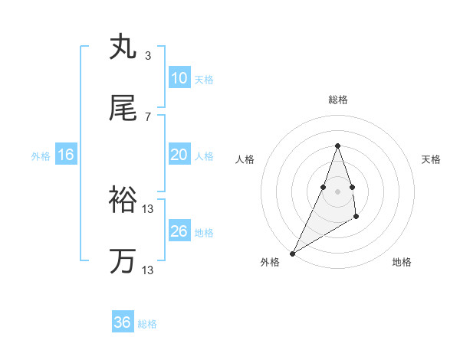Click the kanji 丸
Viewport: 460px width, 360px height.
tap(123, 47)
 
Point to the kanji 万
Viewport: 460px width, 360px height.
tap(123, 261)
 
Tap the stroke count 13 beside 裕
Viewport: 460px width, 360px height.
tap(149, 208)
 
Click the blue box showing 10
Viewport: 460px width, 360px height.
tap(179, 77)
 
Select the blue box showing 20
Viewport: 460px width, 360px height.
tap(179, 155)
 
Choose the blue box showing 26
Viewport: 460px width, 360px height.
tap(179, 231)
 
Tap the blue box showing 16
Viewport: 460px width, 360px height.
tap(66, 155)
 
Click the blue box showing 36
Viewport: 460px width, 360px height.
tap(123, 322)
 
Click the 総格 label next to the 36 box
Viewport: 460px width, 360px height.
tap(147, 324)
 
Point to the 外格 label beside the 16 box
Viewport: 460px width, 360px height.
tap(41, 156)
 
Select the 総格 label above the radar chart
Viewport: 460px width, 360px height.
tap(337, 100)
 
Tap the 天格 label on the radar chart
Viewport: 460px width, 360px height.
tap(431, 159)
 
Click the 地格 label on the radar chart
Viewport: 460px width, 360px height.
tap(402, 262)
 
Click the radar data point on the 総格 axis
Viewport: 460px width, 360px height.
tap(337, 146)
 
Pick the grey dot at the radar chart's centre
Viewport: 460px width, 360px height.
tap(337, 191)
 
